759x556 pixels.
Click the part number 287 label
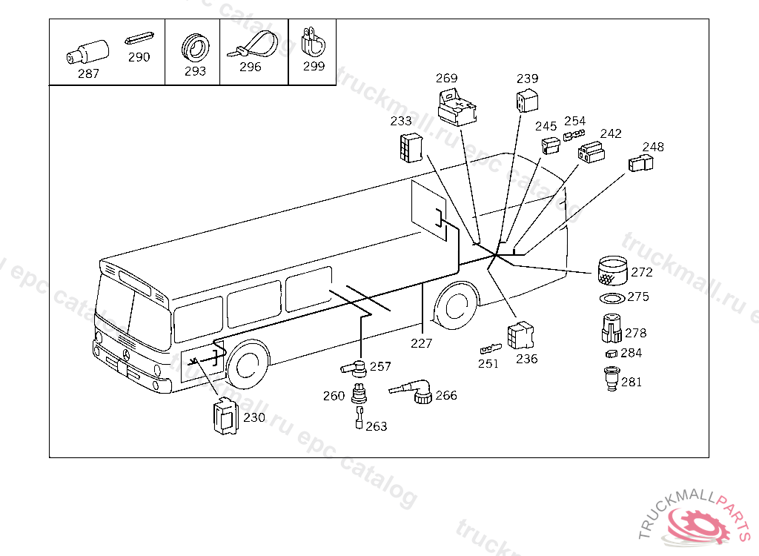click(88, 73)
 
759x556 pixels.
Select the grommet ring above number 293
click(196, 48)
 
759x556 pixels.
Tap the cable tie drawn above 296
click(253, 45)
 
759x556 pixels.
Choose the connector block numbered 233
click(411, 148)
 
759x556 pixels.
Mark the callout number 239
click(527, 79)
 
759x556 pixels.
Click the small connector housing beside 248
click(640, 163)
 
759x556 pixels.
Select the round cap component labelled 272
click(613, 271)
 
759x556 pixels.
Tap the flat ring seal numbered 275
click(612, 298)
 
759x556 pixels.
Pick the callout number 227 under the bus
click(421, 343)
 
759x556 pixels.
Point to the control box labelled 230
click(225, 416)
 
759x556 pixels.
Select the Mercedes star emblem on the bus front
click(126, 355)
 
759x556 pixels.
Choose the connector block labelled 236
click(520, 335)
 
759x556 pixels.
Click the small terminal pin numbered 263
click(359, 417)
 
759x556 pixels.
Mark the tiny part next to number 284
click(611, 354)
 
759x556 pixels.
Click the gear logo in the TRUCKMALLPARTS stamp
click(697, 526)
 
